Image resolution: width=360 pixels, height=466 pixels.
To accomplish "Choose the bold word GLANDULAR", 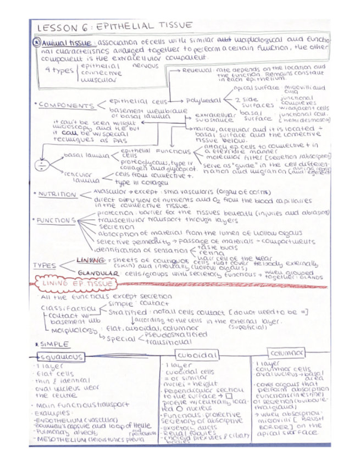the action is pos(99,273).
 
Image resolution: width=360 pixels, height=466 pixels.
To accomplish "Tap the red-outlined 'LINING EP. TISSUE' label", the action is pos(75,285).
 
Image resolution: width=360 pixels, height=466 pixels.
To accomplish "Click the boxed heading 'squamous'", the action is pos(62,357).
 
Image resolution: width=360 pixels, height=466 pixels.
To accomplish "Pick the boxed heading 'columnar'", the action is pos(288,352).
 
